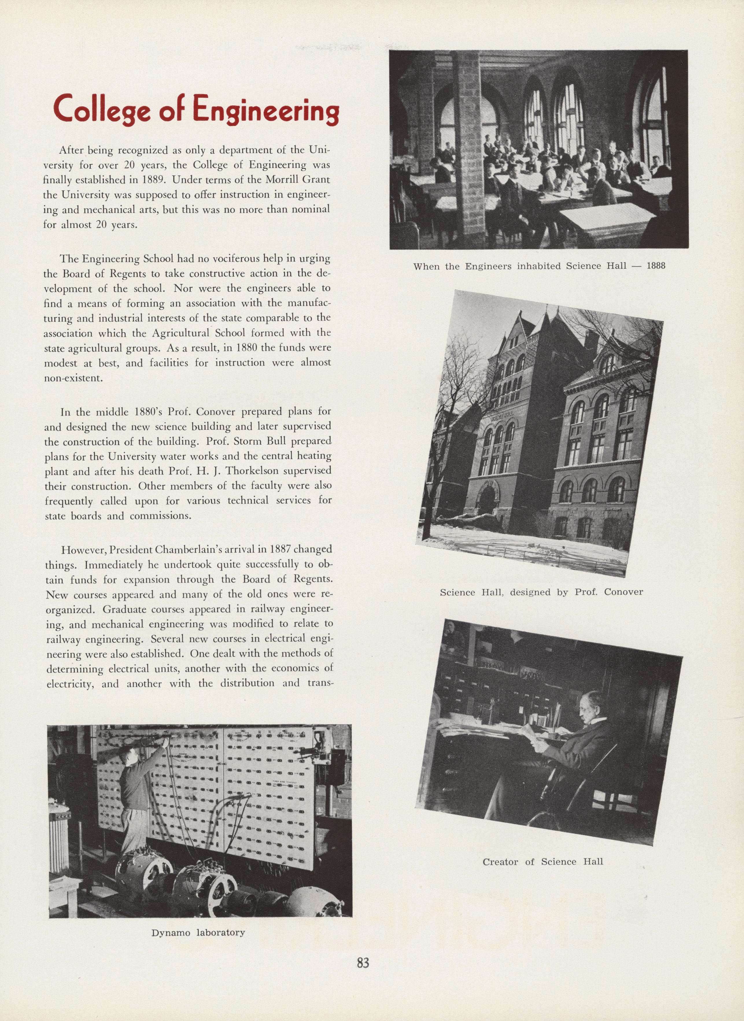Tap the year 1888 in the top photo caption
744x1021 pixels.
(656, 266)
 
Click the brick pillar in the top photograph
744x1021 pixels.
(468, 149)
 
